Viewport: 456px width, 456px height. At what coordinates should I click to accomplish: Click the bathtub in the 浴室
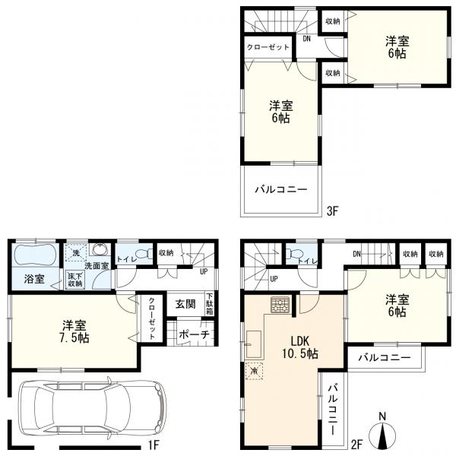coord(35,255)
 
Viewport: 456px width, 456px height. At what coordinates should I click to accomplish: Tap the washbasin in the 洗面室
coord(100,249)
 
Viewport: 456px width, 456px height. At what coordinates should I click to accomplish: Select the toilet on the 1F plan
coord(144,253)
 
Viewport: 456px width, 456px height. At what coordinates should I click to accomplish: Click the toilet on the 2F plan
coord(295,253)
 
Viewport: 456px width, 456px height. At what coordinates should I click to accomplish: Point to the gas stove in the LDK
coord(280,305)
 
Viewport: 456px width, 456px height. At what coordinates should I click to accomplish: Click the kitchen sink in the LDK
coord(254,344)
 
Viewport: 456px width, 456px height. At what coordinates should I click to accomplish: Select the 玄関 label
coord(185,304)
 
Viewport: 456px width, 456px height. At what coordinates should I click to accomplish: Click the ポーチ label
coord(194,334)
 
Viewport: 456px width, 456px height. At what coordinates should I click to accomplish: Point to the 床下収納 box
coord(75,280)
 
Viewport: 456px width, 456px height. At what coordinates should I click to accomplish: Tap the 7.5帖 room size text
coord(74,338)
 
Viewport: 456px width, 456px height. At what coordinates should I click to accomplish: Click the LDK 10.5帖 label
coord(300,347)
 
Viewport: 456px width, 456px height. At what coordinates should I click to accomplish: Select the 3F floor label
coord(333,211)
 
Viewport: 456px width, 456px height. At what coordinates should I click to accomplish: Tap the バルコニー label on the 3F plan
coord(281,190)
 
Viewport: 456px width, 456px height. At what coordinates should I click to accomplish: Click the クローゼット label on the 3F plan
coord(268,47)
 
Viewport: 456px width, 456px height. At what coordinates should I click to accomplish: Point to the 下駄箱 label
coord(210,304)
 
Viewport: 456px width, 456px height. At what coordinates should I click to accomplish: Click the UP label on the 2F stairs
coord(274,279)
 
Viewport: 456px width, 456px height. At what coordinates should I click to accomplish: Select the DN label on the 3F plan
coord(307,39)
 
